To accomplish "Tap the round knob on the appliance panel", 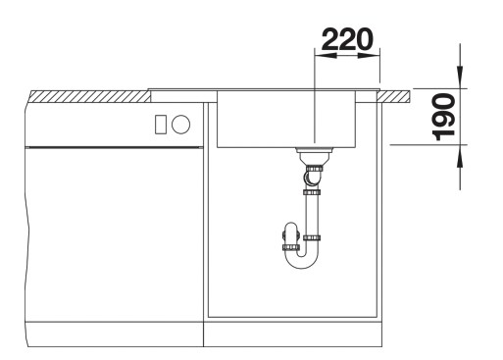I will [180, 124].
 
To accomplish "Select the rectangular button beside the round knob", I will [161, 124].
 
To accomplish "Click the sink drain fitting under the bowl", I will [311, 154].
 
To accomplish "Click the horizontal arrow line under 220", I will [346, 57].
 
